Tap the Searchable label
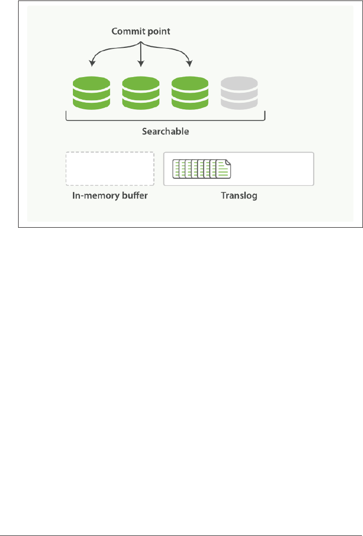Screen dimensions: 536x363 164,131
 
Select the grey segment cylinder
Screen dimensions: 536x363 239,93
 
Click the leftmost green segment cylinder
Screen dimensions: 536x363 91,93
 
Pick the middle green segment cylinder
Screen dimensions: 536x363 140,93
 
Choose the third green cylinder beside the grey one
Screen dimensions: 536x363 190,93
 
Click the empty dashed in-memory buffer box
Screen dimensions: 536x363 110,169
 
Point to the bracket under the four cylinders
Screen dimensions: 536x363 165,120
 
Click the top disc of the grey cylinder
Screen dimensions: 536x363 239,83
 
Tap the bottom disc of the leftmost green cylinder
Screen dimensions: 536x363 91,103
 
